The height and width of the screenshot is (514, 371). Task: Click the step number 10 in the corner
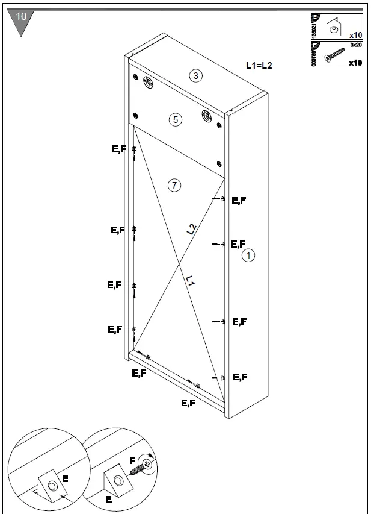[20, 17]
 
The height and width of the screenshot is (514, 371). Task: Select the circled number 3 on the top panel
[194, 75]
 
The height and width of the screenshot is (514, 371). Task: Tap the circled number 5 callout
[175, 119]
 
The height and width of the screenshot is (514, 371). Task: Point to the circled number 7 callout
[174, 186]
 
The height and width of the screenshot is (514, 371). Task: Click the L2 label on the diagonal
[191, 228]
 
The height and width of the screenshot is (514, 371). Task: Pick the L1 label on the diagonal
[190, 281]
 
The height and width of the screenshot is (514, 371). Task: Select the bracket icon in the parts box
[334, 28]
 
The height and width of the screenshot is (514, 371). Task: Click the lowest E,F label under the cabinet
[188, 403]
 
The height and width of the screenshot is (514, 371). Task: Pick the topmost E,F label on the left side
[119, 150]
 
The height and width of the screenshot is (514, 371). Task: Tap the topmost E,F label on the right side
[239, 201]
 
